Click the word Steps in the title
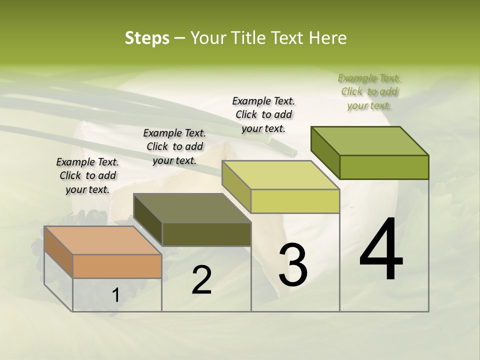pyautogui.click(x=147, y=38)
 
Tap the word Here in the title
pyautogui.click(x=328, y=38)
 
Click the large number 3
pyautogui.click(x=293, y=264)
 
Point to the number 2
pyautogui.click(x=201, y=280)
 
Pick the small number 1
pyautogui.click(x=116, y=295)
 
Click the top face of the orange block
pyautogui.click(x=102, y=240)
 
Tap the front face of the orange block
pyautogui.click(x=117, y=266)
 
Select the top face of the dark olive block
pyautogui.click(x=192, y=208)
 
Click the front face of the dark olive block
pyautogui.click(x=206, y=234)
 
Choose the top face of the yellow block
pyautogui.click(x=281, y=175)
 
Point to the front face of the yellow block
pyautogui.click(x=295, y=201)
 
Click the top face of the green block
pyautogui.click(x=370, y=141)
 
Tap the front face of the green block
pyautogui.click(x=384, y=167)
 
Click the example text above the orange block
pyautogui.click(x=87, y=175)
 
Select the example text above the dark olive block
pyautogui.click(x=174, y=146)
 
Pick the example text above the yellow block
pyautogui.click(x=263, y=114)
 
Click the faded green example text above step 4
pyautogui.click(x=369, y=91)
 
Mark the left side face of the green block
pyautogui.click(x=325, y=152)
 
